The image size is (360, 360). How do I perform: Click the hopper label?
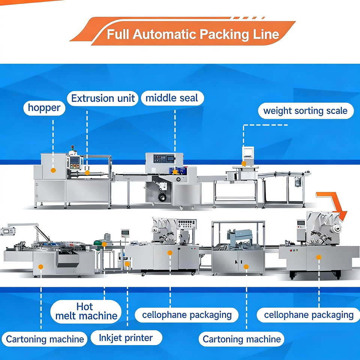coord(44,108)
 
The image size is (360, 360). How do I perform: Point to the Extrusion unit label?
coord(103,99)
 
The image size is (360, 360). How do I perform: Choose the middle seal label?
coord(172,98)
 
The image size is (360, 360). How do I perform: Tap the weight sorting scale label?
coord(305,111)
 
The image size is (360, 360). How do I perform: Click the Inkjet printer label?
coord(126,338)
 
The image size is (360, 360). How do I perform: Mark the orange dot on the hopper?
coord(53,170)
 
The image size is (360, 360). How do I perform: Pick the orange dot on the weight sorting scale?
coord(244,163)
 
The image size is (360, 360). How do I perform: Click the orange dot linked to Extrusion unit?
coord(87,172)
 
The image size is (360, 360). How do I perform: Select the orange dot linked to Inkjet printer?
coord(127,264)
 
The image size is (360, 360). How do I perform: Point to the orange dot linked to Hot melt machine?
coord(104,244)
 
